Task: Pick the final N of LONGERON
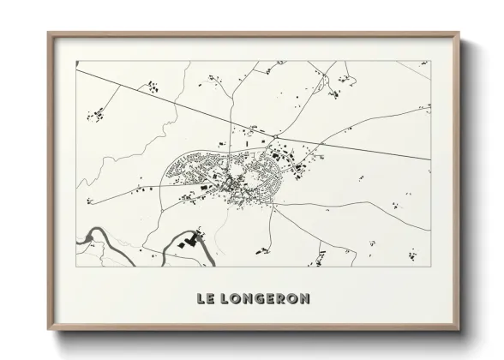pos(305,299)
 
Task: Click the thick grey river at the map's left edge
pos(90,236)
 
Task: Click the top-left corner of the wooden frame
pos(50,35)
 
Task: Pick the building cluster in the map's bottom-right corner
pos(412,254)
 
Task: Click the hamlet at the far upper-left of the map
pos(97,114)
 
